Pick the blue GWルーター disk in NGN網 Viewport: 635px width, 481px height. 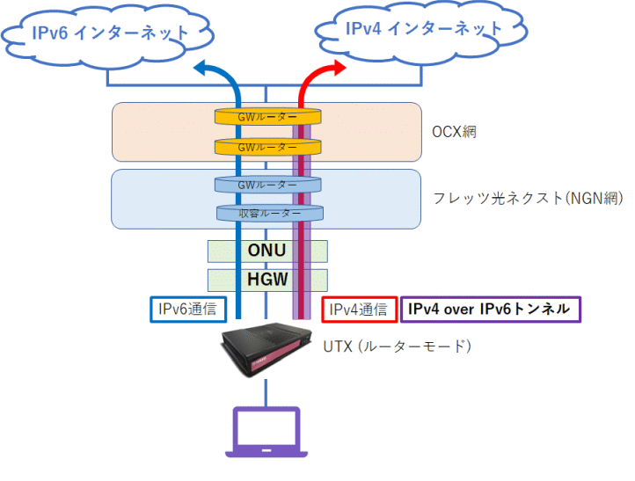click(267, 185)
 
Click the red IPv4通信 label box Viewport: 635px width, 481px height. click(358, 309)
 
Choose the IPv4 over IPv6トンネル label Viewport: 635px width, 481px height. click(490, 309)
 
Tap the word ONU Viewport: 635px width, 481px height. click(266, 251)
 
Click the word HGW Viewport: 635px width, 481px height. click(266, 280)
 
